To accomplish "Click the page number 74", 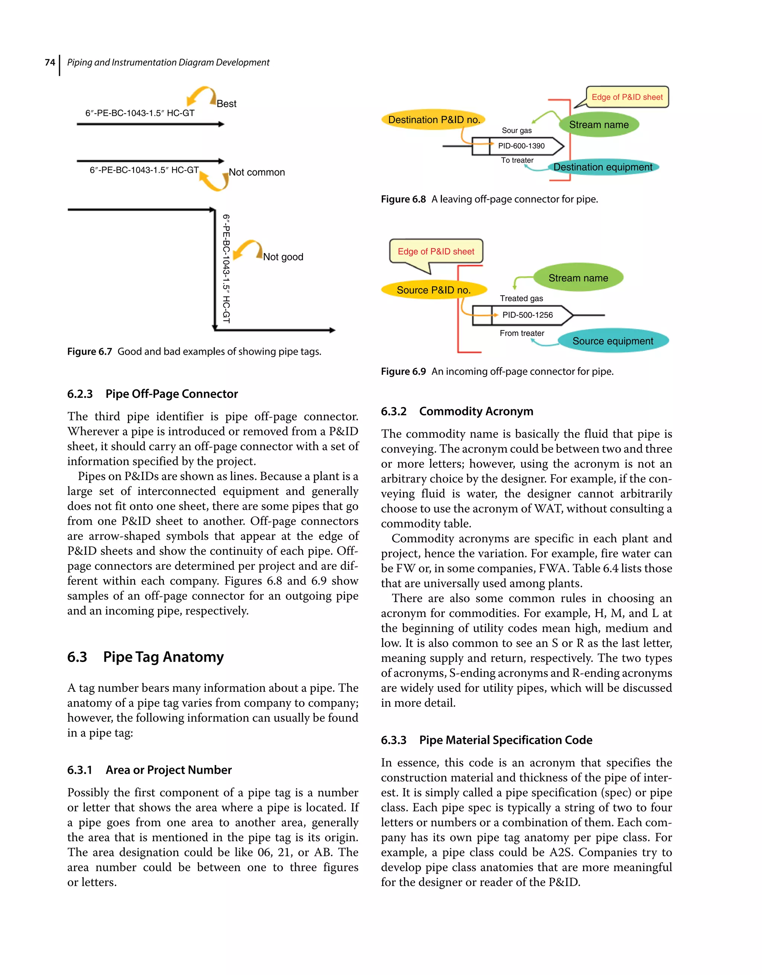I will pyautogui.click(x=50, y=63).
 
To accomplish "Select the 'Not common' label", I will pyautogui.click(x=257, y=172).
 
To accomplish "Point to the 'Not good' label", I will pyautogui.click(x=283, y=257).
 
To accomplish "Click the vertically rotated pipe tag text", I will pyautogui.click(x=226, y=268).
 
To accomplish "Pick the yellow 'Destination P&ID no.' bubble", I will pyautogui.click(x=433, y=120).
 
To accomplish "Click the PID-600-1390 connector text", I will pyautogui.click(x=521, y=146).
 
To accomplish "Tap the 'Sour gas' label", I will pyautogui.click(x=516, y=130).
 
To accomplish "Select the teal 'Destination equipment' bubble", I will pyautogui.click(x=603, y=167).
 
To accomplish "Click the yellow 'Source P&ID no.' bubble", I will pyautogui.click(x=433, y=290).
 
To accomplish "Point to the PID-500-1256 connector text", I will pyautogui.click(x=527, y=315).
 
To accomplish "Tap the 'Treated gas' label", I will pyautogui.click(x=521, y=298).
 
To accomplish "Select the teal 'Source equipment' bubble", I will pyautogui.click(x=612, y=341).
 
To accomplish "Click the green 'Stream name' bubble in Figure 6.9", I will pyautogui.click(x=578, y=278).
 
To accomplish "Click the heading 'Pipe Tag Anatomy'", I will pyautogui.click(x=163, y=657).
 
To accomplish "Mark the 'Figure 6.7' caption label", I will pyautogui.click(x=89, y=352).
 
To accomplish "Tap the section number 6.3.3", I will pyautogui.click(x=393, y=740).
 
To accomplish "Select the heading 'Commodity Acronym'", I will pyautogui.click(x=476, y=411).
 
